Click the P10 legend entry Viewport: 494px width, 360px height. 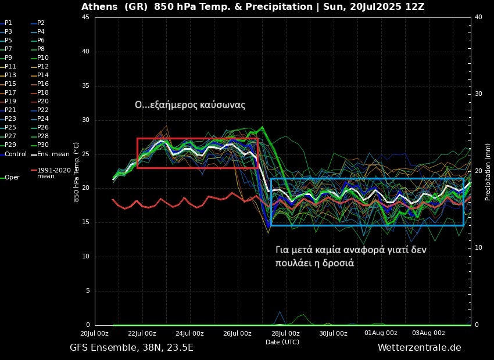coord(43,57)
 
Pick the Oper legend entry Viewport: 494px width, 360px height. coord(12,177)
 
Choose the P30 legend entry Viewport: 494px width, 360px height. coord(43,145)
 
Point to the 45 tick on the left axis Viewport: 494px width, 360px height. coord(85,17)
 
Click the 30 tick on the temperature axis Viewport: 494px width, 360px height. coord(85,120)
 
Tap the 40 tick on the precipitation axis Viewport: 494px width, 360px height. coord(478,17)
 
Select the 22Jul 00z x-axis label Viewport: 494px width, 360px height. coord(142,333)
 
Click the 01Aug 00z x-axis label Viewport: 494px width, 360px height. coord(381,333)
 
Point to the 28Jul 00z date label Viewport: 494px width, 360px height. coord(285,333)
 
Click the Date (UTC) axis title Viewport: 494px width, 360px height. coord(282,342)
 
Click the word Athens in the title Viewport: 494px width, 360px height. coord(99,7)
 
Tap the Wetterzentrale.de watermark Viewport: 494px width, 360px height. coord(419,347)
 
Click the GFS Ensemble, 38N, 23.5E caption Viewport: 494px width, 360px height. coord(131,347)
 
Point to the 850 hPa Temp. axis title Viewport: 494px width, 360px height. coord(77,172)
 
